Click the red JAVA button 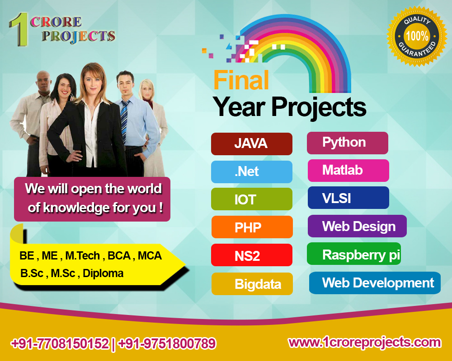[251, 144]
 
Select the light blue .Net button [251, 172]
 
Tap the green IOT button [251, 199]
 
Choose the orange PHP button [252, 227]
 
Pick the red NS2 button [251, 255]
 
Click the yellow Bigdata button [252, 284]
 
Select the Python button [347, 143]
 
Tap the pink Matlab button [348, 171]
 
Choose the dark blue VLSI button [348, 198]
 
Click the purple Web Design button [357, 226]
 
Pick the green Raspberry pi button [354, 254]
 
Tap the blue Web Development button [375, 283]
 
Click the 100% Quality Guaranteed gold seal [416, 36]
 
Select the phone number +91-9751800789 [167, 344]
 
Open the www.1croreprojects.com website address [364, 342]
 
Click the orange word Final [241, 80]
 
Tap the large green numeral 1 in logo [19, 31]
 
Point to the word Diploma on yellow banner [103, 273]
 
